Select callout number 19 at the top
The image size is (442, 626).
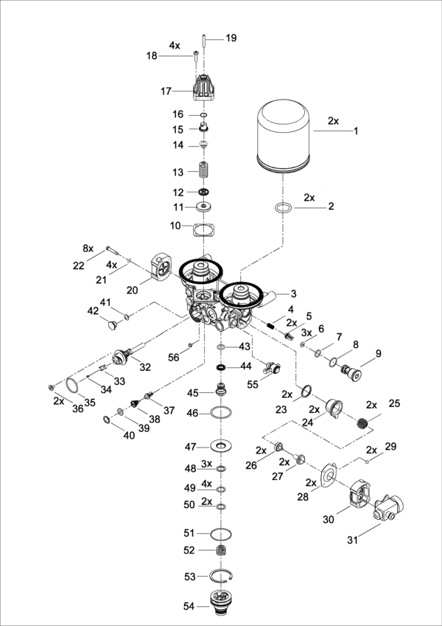coord(231,37)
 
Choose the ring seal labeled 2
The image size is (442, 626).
coord(281,207)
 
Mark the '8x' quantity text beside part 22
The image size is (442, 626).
coord(88,248)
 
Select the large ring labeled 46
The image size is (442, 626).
coord(220,413)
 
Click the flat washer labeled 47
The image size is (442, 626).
coord(220,446)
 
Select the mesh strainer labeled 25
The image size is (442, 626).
coord(362,424)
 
